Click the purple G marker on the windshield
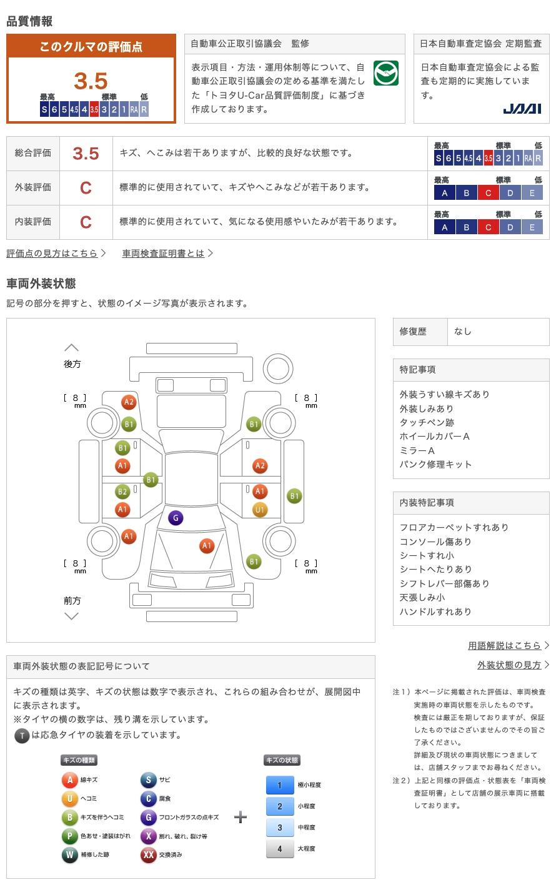176,518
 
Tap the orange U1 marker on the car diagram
260,510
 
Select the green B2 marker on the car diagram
122,492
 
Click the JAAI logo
522,109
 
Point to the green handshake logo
385,74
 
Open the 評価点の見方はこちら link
52,254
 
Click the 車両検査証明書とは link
164,254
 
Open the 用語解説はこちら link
505,646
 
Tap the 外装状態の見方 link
509,665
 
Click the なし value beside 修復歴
463,332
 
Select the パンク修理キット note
435,465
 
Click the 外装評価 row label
33,187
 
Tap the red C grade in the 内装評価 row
86,222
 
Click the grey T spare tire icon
22,736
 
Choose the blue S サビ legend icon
148,780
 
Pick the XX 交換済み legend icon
148,855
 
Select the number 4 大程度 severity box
279,849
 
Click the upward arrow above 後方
72,348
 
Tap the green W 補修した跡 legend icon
69,855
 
